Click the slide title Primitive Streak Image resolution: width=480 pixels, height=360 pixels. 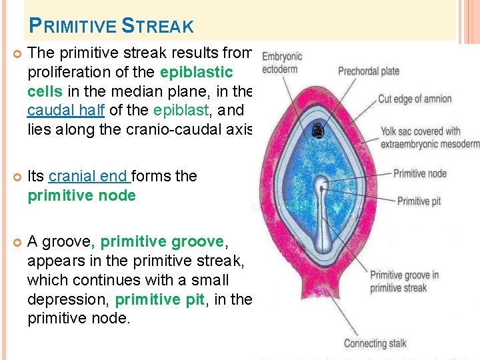pos(111,26)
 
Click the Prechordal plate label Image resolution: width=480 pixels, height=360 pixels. pos(368,71)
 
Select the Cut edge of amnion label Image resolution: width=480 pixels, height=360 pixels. pos(415,99)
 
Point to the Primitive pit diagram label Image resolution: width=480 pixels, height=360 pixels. pos(419,201)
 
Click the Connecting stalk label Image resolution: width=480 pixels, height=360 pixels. pos(375,343)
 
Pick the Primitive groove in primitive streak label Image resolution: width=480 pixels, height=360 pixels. pos(404,281)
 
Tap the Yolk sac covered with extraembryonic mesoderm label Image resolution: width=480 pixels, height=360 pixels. pos(430,138)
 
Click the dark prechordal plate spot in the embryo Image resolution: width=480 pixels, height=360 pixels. pos(318,132)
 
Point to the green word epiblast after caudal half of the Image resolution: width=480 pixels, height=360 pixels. pos(179,109)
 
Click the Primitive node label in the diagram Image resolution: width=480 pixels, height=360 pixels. pos(421,174)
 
